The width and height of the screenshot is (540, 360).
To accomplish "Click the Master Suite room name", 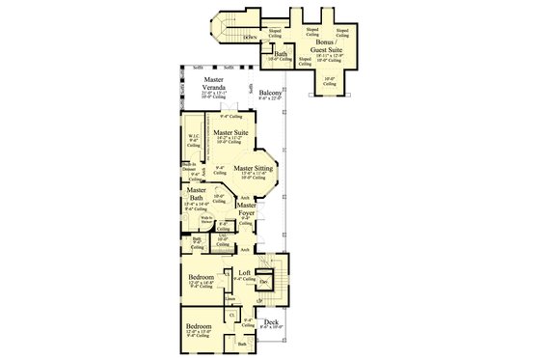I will tap(231, 132).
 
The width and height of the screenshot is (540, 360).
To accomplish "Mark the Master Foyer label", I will tap(247, 208).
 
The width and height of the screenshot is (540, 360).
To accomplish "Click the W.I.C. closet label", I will tap(194, 136).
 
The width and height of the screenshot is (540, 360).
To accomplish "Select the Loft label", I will tap(245, 272).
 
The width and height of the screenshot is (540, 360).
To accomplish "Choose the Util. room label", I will tap(223, 235).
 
